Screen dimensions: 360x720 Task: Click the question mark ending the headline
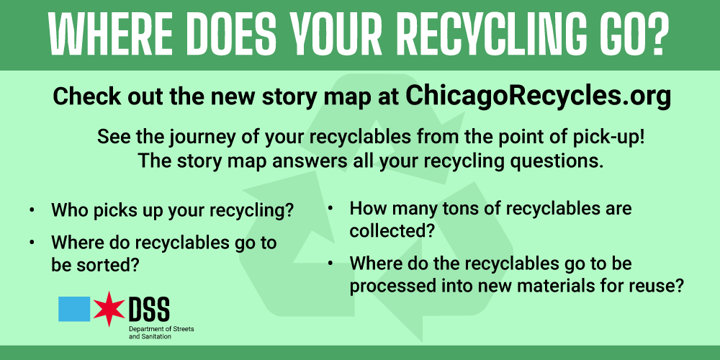click(654, 35)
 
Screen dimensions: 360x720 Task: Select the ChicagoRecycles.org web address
click(539, 96)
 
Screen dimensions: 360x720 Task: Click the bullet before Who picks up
click(32, 212)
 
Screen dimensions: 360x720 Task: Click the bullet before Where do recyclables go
click(32, 243)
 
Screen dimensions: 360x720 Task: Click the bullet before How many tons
click(330, 210)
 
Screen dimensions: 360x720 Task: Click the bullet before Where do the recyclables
click(330, 264)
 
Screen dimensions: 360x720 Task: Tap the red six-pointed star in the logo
click(109, 309)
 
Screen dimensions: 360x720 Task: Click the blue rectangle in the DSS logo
click(74, 309)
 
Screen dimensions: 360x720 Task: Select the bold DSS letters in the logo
click(148, 309)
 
